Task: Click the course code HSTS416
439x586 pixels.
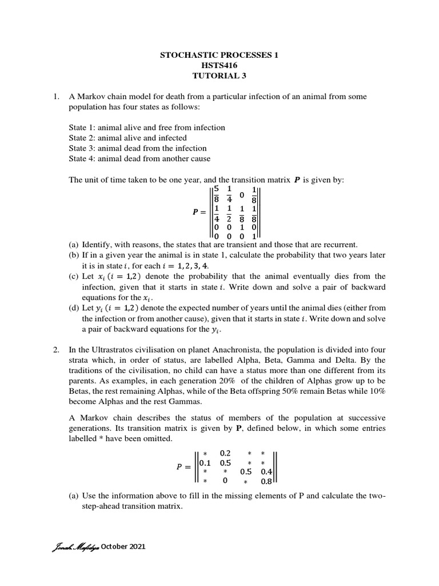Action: click(x=219, y=66)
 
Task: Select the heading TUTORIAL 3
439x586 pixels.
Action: click(x=219, y=76)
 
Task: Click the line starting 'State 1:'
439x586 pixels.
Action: click(x=147, y=128)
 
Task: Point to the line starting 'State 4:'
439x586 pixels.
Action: click(x=139, y=159)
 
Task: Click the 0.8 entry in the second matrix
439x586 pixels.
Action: click(x=266, y=481)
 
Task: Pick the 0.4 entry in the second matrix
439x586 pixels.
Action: click(x=266, y=472)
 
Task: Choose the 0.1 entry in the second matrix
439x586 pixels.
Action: click(x=205, y=463)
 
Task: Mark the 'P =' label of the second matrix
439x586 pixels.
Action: click(x=183, y=468)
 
